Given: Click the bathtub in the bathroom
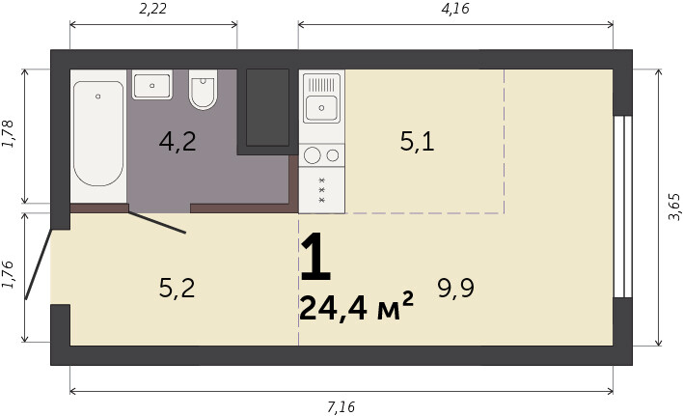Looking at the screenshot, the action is [98, 133].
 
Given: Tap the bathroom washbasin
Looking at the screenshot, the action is [152, 85].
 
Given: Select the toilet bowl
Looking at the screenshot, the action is [203, 90].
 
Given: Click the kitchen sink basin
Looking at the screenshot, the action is [321, 107].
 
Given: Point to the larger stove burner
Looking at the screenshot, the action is [313, 155].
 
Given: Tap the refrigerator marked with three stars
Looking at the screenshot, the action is [322, 190].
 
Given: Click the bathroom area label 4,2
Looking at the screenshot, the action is [178, 142].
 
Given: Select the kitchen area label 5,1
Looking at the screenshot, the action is [418, 142].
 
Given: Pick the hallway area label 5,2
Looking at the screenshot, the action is [177, 288].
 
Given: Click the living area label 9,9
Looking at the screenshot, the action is [456, 288].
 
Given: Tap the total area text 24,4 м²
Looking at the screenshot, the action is [356, 306].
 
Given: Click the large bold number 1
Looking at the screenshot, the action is [315, 257].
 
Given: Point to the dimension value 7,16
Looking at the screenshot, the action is [341, 407].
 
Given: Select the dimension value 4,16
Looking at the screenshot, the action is [455, 9].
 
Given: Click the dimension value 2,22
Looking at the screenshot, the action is [152, 9].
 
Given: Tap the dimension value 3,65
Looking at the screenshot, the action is [674, 207].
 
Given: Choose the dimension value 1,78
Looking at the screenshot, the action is [9, 133].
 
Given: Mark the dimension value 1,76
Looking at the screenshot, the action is [9, 274].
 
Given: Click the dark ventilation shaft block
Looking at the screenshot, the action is [267, 107].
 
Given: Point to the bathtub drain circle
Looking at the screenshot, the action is [98, 97].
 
